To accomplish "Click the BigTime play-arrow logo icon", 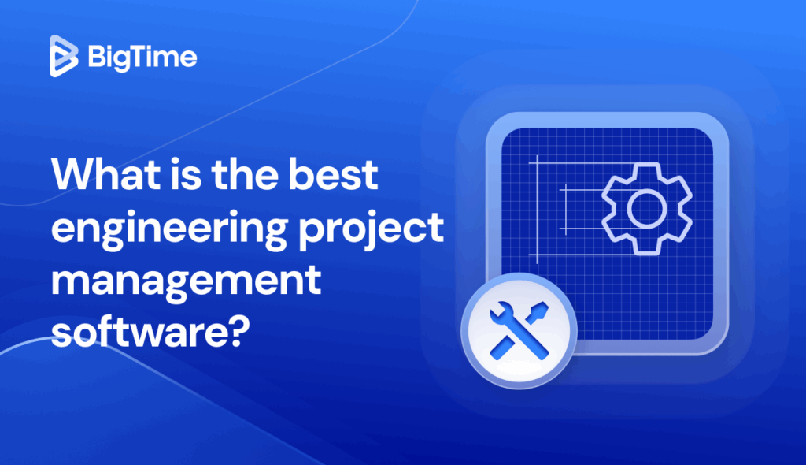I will coord(64,57).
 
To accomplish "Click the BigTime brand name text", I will coord(142,58).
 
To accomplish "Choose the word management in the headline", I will coord(186,281).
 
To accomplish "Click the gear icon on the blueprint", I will coord(646,207).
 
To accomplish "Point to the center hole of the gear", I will coord(646,208).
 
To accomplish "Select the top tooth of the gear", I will coord(646,169).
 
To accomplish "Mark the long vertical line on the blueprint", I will coord(537,208).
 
